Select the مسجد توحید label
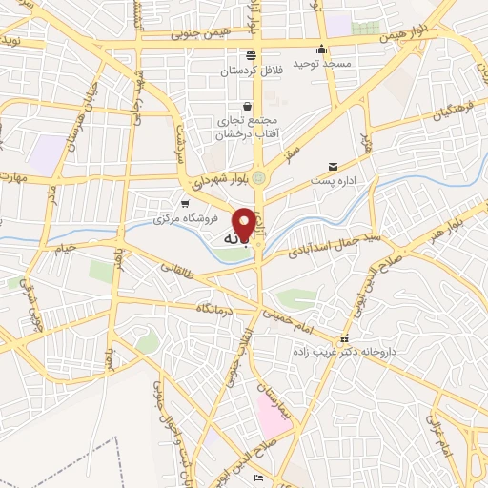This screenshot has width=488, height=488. tap(323, 63)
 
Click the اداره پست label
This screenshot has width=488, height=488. tap(334, 180)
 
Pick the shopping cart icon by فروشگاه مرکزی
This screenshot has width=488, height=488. tap(186, 203)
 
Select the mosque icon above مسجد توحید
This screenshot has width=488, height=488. tap(322, 50)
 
